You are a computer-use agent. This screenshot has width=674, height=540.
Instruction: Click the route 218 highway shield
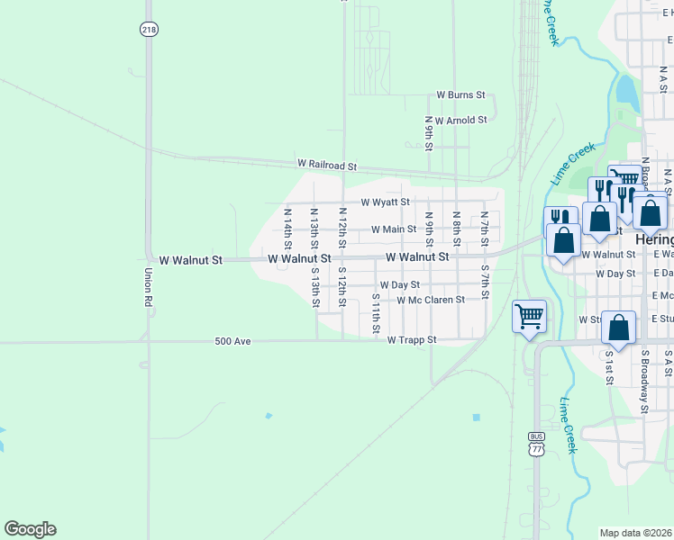click(x=149, y=30)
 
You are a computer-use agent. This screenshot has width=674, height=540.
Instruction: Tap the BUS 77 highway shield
click(x=536, y=442)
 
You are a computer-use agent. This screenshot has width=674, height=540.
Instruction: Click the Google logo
click(x=30, y=529)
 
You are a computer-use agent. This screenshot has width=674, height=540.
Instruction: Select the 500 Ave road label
click(x=232, y=341)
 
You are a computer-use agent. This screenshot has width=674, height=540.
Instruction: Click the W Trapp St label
click(x=412, y=340)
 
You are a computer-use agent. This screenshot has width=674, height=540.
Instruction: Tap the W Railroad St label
click(x=328, y=166)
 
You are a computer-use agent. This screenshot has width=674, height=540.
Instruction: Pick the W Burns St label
click(x=461, y=94)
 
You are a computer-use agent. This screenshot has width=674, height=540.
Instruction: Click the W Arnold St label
click(x=460, y=120)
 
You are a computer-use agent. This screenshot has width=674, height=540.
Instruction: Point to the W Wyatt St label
click(x=386, y=202)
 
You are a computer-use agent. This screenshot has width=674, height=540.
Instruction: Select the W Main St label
click(x=393, y=229)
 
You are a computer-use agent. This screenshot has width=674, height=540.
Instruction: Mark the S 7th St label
click(x=485, y=282)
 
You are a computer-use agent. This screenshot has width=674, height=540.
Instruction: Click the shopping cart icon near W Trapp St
click(x=529, y=317)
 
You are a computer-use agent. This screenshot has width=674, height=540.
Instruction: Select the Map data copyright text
click(x=636, y=533)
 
